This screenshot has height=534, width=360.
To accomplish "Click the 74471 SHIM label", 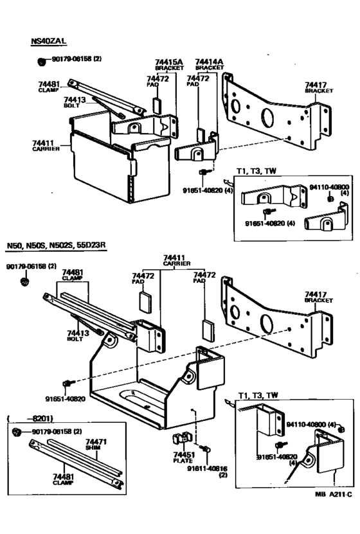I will click(x=96, y=445).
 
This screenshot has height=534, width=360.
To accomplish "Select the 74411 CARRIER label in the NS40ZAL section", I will click(x=46, y=145).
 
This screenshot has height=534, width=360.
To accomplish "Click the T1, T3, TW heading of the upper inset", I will click(x=257, y=170).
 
